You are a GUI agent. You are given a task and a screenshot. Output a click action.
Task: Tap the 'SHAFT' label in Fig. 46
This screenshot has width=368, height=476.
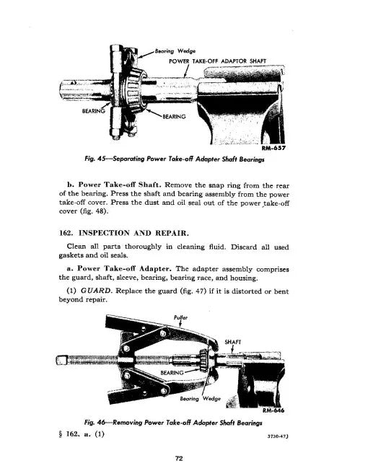tap(235, 341)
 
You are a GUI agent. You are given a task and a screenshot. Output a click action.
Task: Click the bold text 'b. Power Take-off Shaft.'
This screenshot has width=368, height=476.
tap(129, 186)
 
